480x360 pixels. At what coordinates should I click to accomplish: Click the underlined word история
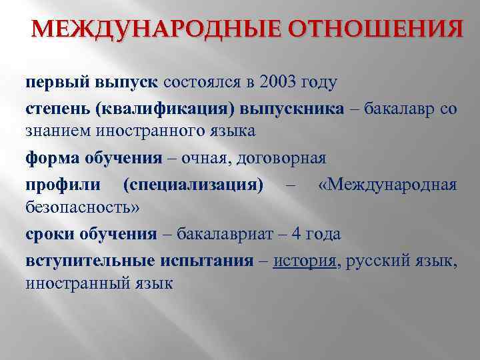pyautogui.click(x=305, y=261)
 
